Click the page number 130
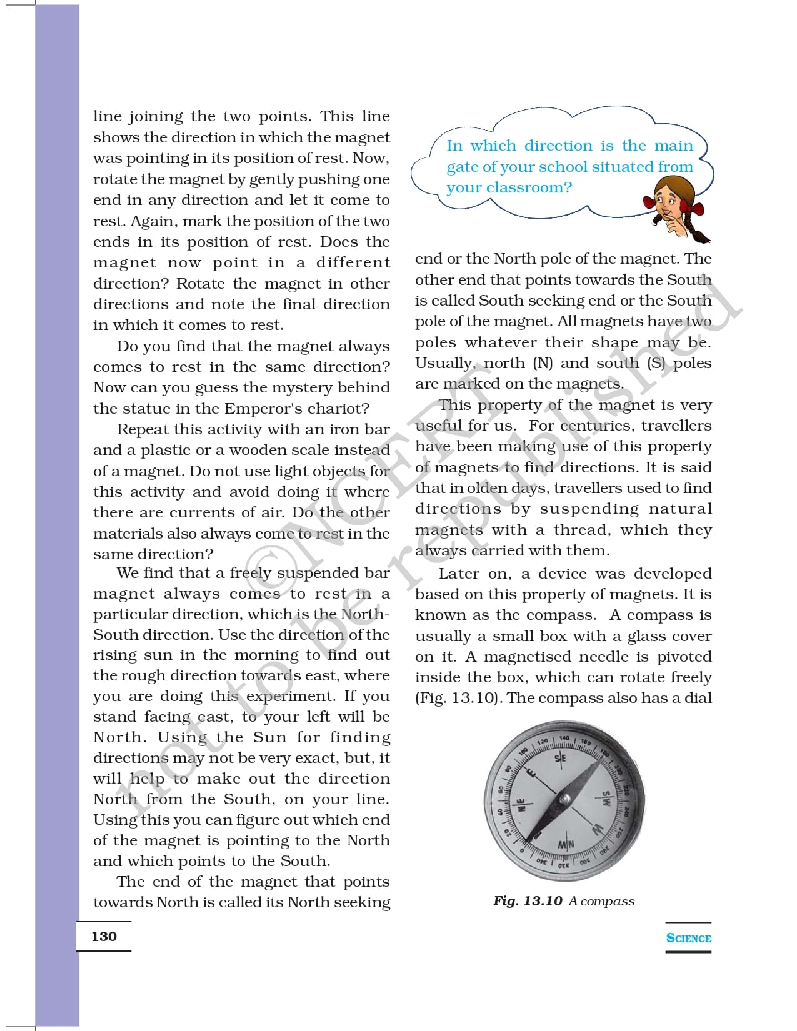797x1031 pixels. click(104, 936)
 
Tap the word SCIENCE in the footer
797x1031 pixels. click(689, 938)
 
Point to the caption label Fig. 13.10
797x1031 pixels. click(528, 901)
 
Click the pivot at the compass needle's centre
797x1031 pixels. click(564, 799)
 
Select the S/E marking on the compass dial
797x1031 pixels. click(560, 758)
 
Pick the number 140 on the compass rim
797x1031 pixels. click(564, 738)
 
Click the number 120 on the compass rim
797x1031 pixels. click(543, 742)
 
